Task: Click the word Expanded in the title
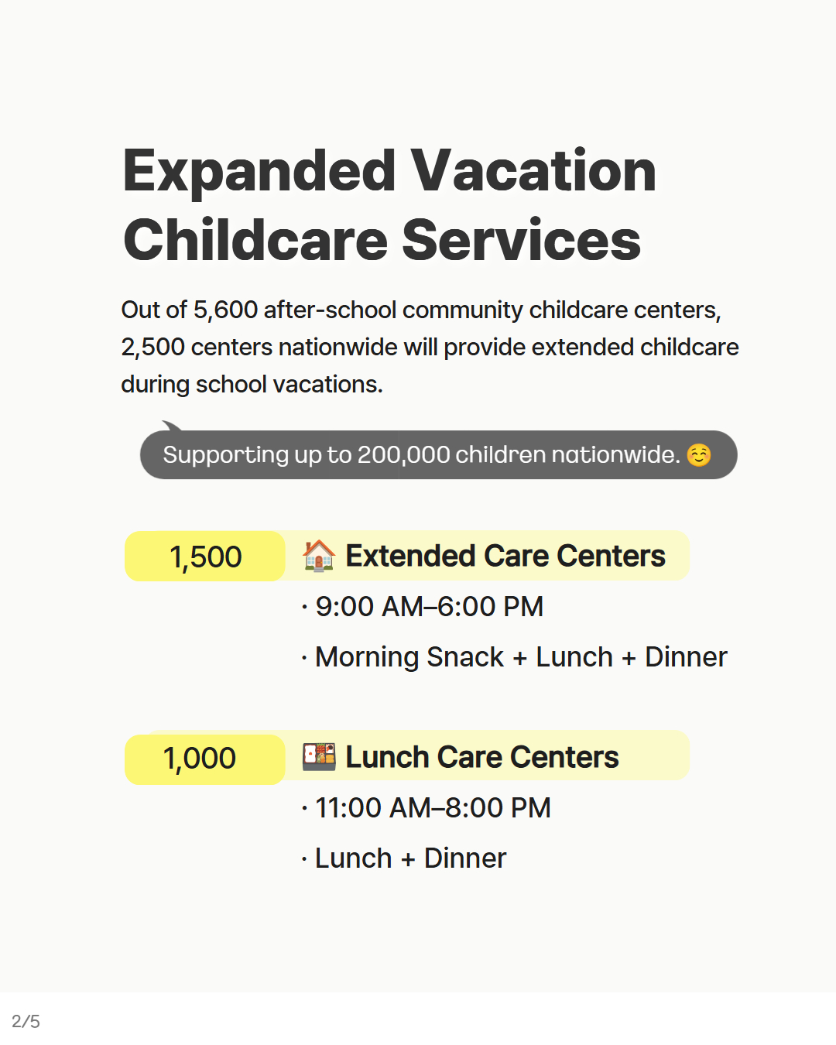(259, 173)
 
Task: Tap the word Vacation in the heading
(534, 171)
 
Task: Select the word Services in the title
(521, 241)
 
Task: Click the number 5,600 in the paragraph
(225, 310)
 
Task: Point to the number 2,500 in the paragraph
(153, 348)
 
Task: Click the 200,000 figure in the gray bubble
(403, 455)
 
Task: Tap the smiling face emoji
(699, 455)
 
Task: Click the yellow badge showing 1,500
(204, 556)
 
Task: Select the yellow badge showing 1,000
(204, 759)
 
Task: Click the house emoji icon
(319, 556)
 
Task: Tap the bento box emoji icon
(319, 756)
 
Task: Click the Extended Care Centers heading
(505, 556)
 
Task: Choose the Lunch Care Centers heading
(482, 756)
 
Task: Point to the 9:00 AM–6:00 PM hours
(430, 607)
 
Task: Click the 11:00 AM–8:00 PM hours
(433, 807)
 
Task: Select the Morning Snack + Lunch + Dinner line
(521, 657)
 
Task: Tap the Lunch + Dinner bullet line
(410, 858)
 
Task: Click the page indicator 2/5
(26, 1021)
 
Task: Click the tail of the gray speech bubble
(172, 426)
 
